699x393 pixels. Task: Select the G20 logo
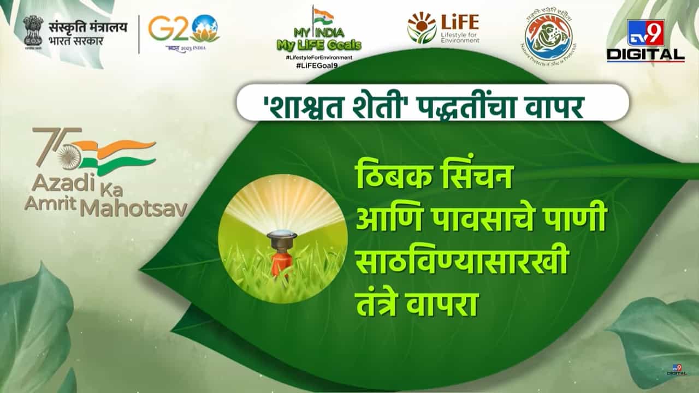click(183, 30)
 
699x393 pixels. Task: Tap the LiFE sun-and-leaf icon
click(422, 27)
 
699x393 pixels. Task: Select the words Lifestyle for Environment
click(458, 36)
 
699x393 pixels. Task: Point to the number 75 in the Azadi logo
click(55, 146)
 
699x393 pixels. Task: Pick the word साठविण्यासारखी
click(461, 264)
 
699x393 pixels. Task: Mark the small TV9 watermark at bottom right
click(677, 370)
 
